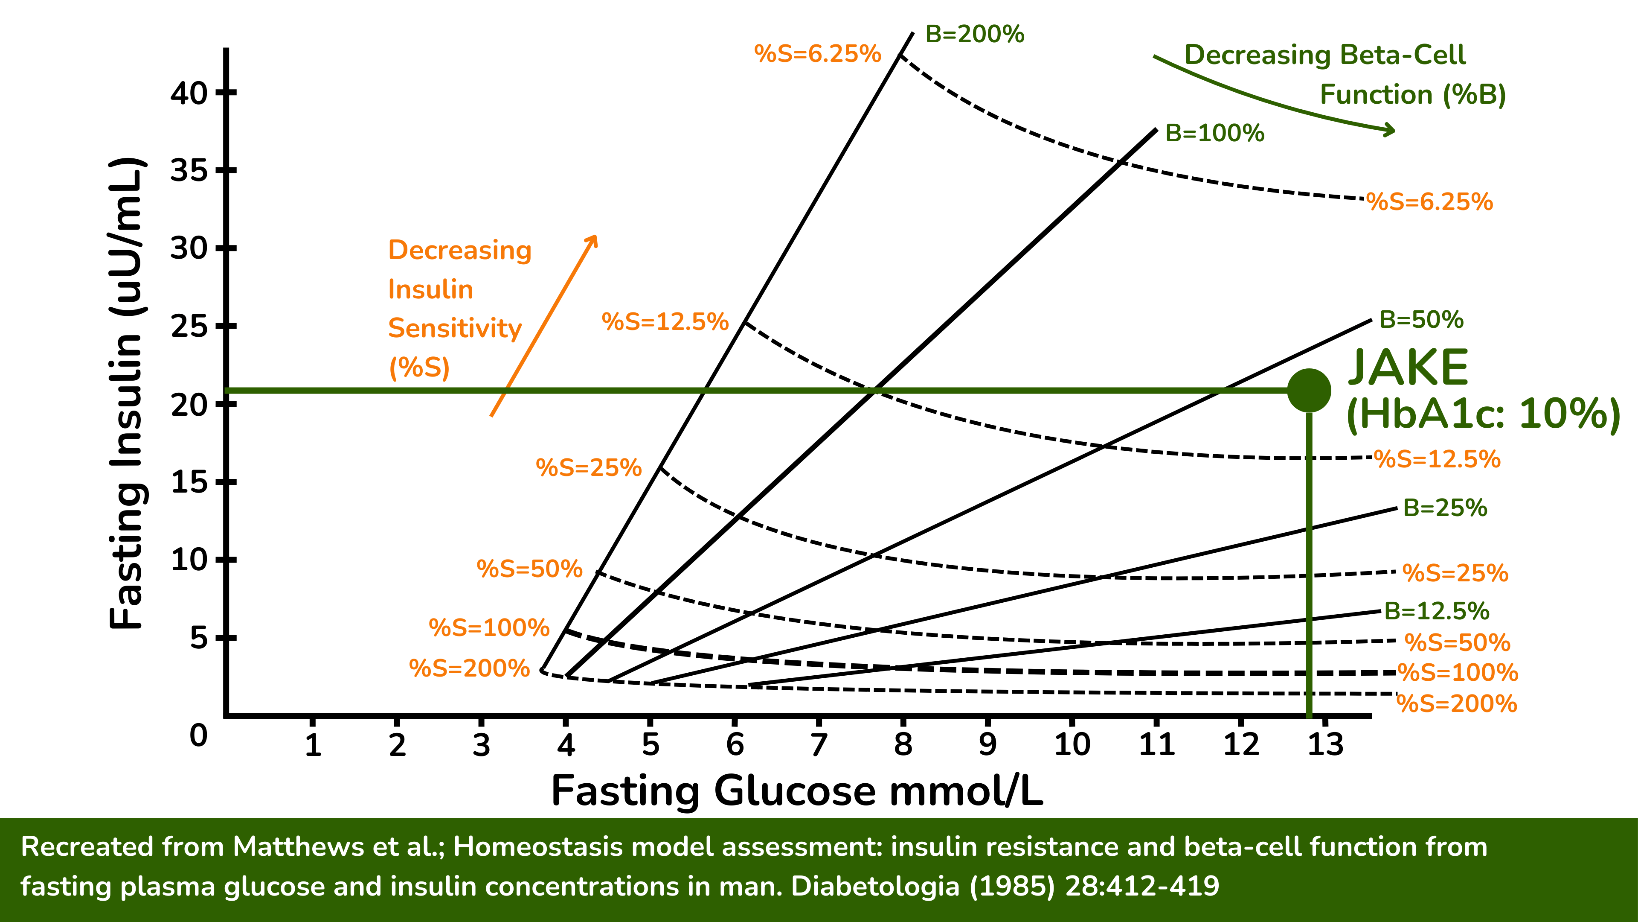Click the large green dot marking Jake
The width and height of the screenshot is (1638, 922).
[x=1309, y=390]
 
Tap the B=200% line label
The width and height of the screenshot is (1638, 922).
[x=974, y=34]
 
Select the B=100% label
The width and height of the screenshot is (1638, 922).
[x=1214, y=133]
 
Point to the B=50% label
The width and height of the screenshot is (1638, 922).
[x=1421, y=319]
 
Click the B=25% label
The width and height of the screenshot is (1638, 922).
[x=1445, y=508]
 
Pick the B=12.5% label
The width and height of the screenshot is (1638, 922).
[x=1436, y=611]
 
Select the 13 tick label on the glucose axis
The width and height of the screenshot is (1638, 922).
[x=1325, y=744]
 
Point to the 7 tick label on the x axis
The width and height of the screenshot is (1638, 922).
[x=819, y=744]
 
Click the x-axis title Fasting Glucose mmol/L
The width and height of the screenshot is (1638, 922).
[x=797, y=791]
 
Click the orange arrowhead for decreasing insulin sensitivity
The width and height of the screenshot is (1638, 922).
[x=592, y=240]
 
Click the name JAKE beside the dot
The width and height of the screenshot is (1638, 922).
[x=1408, y=368]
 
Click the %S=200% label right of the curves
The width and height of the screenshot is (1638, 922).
[x=1457, y=704]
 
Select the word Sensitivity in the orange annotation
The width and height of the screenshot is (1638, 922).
[x=455, y=328]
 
